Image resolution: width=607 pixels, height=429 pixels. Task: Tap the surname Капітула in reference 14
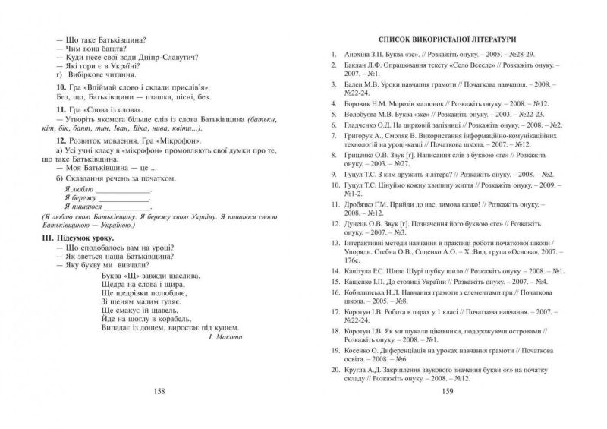tap(356, 270)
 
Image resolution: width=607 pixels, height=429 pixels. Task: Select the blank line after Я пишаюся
tap(124, 207)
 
